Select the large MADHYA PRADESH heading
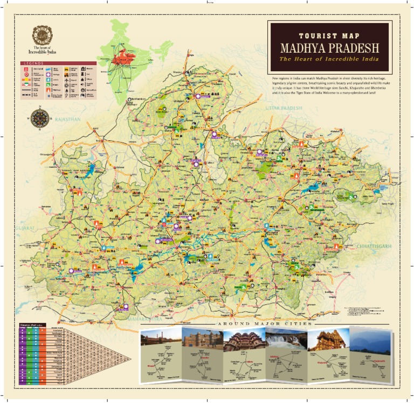coord(329,47)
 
